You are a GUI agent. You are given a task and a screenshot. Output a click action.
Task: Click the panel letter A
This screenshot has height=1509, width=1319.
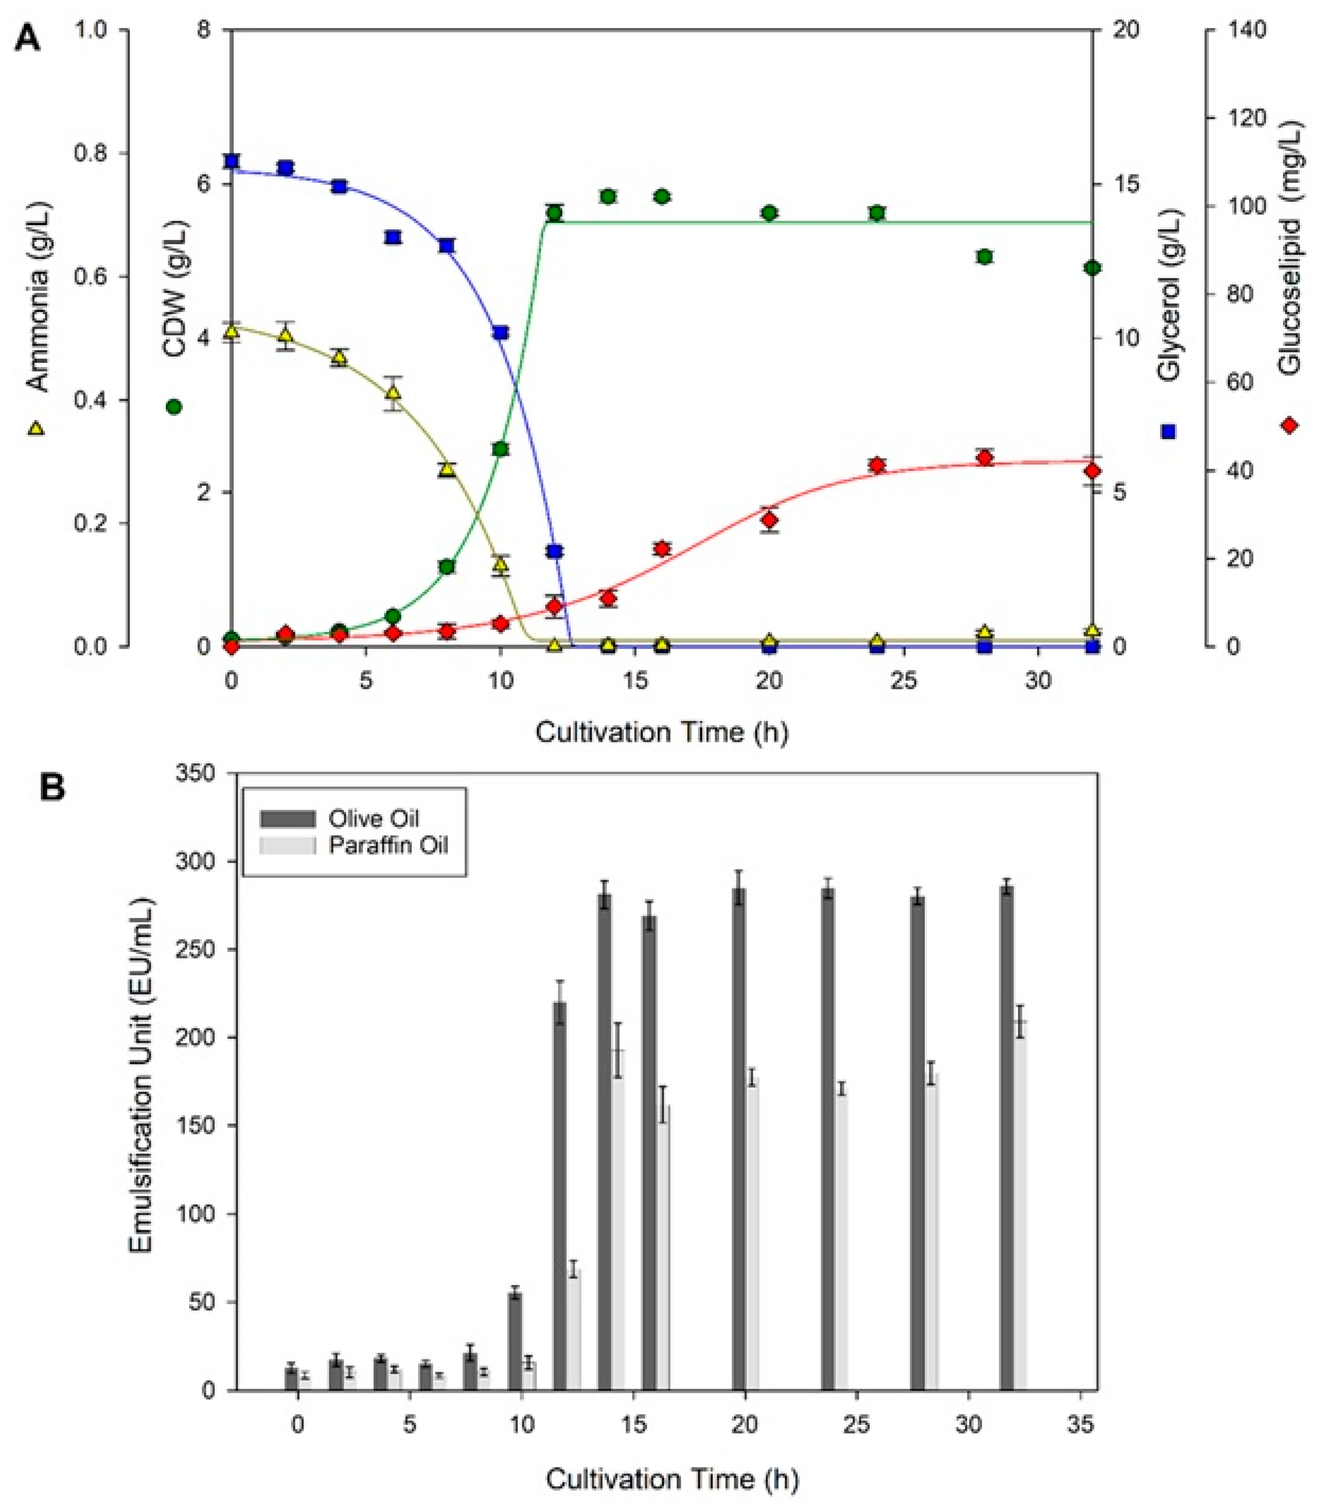tap(28, 37)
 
